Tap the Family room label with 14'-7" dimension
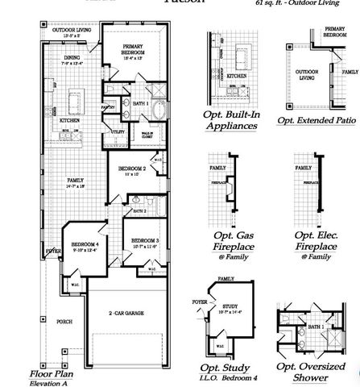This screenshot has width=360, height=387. [x=76, y=181]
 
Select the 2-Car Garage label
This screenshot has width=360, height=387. [x=126, y=312]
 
